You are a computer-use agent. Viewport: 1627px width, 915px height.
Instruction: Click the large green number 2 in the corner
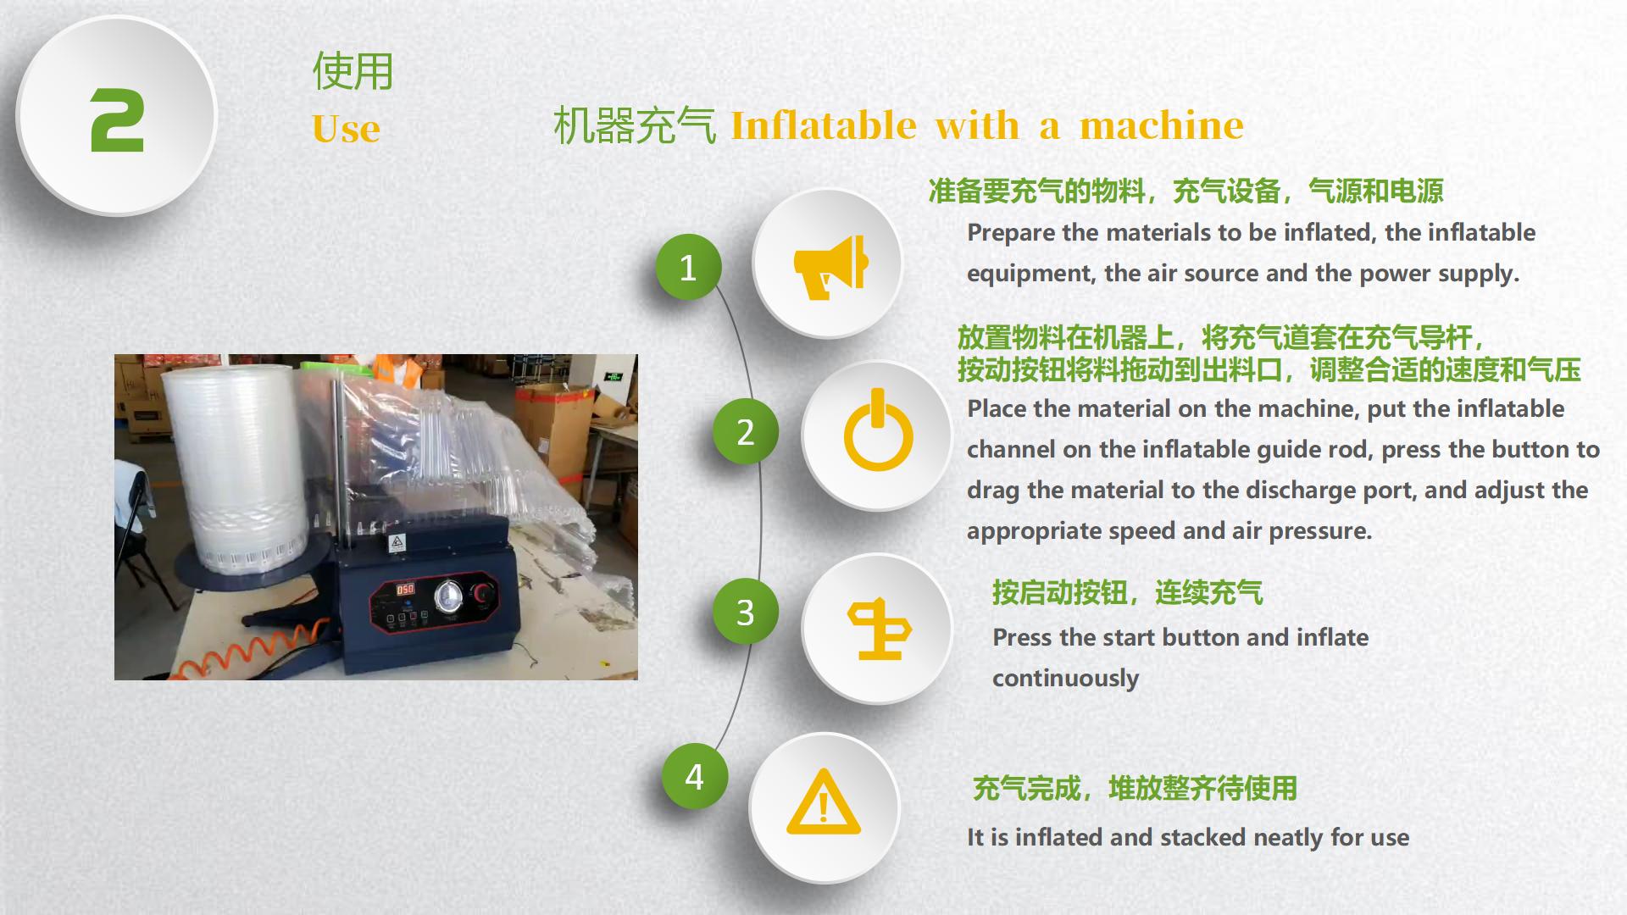117,120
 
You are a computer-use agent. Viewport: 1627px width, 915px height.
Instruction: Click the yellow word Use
346,129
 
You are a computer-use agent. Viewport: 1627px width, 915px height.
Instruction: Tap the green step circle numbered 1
688,268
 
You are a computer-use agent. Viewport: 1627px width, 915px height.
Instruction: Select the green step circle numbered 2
745,432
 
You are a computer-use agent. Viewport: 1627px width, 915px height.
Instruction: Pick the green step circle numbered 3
745,612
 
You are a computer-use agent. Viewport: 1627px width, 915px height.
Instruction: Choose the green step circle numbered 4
694,776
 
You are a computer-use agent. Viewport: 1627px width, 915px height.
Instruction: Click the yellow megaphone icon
831,266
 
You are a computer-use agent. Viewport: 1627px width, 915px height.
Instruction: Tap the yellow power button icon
878,430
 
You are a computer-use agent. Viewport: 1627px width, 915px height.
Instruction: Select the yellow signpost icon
879,629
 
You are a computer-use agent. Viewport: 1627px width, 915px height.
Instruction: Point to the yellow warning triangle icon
824,802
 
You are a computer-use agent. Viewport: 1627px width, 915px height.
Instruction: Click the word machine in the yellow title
1162,125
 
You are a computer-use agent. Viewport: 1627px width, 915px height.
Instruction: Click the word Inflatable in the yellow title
824,125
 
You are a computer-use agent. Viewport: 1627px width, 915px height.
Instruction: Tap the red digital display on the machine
405,589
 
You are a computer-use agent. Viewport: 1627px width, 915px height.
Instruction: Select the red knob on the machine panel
484,592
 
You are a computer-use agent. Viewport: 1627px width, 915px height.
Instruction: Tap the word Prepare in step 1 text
1011,233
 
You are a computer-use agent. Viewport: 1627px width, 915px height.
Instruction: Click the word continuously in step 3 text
1065,679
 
